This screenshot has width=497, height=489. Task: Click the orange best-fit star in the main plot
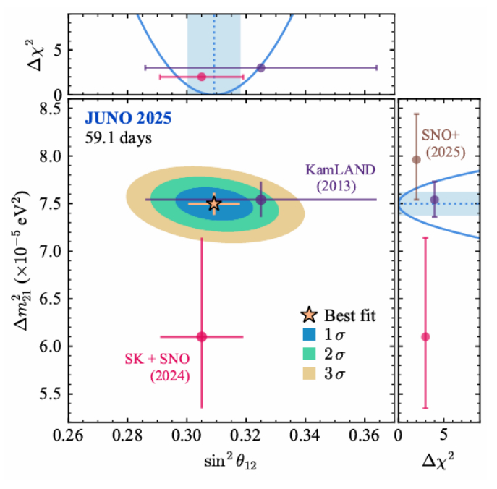click(214, 203)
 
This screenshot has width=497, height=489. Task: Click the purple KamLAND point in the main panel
click(261, 200)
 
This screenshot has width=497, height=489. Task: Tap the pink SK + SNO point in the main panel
click(202, 336)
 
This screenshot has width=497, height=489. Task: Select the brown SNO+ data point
click(416, 160)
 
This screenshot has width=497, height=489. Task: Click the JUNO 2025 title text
click(128, 119)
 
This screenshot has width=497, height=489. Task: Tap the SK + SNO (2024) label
click(158, 367)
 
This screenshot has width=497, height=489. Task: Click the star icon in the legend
click(309, 315)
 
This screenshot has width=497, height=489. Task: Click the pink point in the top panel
click(202, 76)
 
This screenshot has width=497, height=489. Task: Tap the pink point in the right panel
click(425, 336)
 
